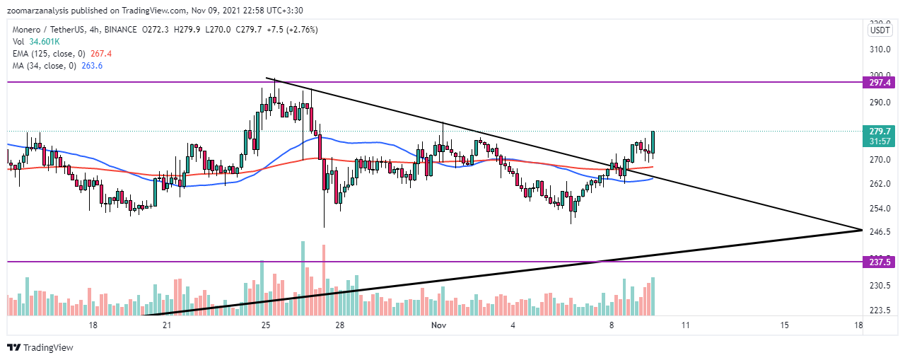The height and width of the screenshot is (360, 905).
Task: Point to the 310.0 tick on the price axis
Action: point(879,50)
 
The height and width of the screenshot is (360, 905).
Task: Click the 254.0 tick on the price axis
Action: point(879,209)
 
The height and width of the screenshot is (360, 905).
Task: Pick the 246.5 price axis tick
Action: point(879,231)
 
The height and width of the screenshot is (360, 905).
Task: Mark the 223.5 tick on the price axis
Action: point(879,310)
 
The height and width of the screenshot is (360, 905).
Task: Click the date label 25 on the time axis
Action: point(266,325)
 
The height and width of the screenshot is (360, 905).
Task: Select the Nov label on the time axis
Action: point(439,325)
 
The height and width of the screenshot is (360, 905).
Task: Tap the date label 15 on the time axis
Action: point(784,325)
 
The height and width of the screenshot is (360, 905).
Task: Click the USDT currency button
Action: point(880,30)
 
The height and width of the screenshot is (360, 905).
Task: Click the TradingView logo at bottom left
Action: point(40,347)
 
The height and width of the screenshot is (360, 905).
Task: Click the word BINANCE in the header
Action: point(119,29)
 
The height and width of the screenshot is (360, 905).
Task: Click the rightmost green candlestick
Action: point(653,142)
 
